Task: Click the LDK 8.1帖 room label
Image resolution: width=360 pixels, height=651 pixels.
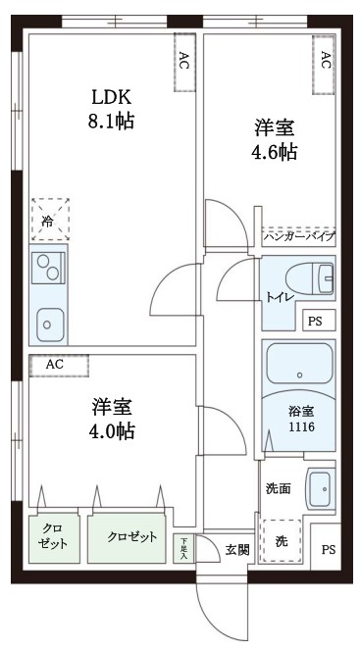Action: [111, 109]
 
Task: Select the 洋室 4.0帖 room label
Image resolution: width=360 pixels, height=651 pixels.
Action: [113, 418]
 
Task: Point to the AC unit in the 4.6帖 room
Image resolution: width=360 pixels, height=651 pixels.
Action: [325, 61]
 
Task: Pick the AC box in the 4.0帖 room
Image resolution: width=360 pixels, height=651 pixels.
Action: [58, 365]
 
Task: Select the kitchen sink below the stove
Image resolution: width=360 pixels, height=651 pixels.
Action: [49, 321]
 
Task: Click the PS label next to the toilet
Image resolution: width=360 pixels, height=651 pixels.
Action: [314, 321]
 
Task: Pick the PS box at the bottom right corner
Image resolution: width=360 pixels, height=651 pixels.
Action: [328, 549]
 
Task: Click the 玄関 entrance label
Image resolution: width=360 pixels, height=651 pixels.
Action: [236, 549]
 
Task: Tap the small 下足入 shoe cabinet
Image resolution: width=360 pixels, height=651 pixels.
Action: [182, 548]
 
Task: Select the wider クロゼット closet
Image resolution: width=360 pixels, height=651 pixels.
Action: [130, 536]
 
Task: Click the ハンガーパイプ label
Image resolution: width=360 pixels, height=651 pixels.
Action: [299, 237]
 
